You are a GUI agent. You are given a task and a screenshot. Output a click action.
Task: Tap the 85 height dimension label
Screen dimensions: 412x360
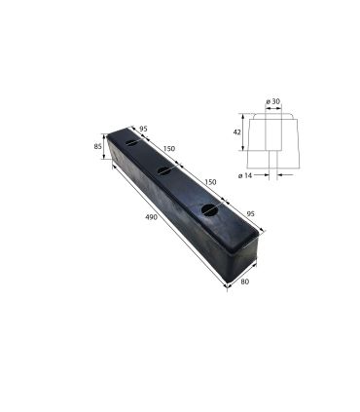click(98, 147)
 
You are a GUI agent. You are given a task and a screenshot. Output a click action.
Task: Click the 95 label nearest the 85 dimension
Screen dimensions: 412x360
click(142, 128)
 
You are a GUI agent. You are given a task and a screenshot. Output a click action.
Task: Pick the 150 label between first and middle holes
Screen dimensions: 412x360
click(169, 149)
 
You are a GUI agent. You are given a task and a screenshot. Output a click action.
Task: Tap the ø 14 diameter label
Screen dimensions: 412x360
click(244, 175)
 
